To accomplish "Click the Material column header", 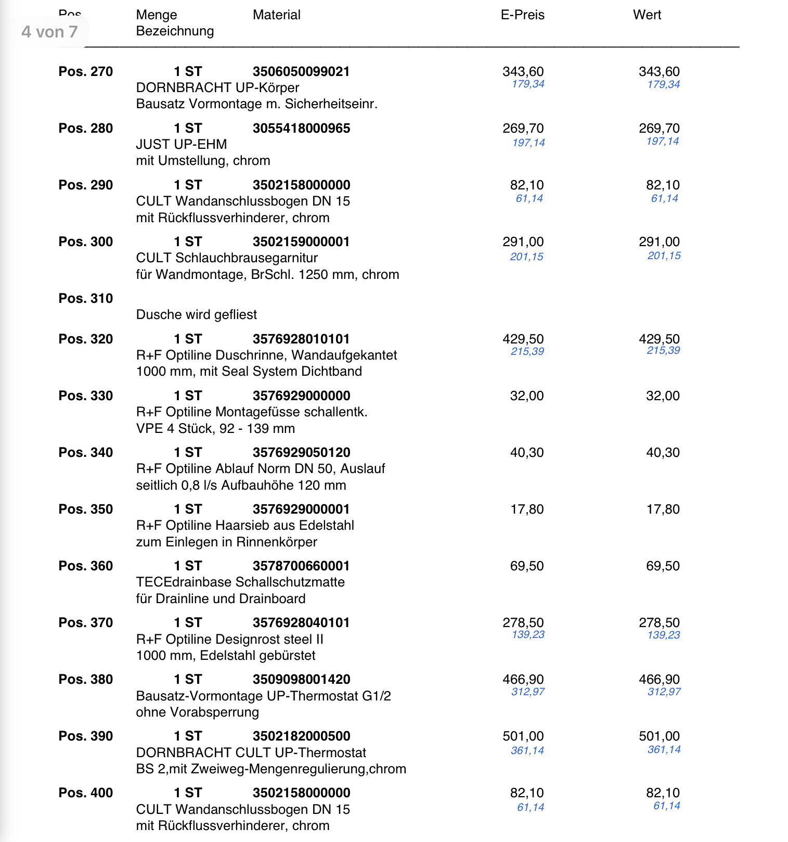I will tap(276, 15).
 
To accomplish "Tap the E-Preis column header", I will tap(522, 15).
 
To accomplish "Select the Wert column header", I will tap(647, 15).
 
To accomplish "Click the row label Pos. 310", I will tap(85, 299).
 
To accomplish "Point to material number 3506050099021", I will tap(301, 72).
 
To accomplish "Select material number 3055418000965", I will tap(301, 129).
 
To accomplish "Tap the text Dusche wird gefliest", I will tap(196, 315).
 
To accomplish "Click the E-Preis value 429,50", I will tap(523, 339).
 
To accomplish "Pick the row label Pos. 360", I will tap(85, 566).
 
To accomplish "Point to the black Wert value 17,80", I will tap(663, 509).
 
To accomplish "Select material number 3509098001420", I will tap(301, 680).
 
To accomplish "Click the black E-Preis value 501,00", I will tap(523, 736).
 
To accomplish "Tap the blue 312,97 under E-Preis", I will tap(527, 692).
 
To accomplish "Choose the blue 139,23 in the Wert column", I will tap(663, 635).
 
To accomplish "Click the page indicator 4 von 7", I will tap(49, 32).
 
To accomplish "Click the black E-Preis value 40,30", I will tap(526, 453).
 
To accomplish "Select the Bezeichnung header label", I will tap(175, 31).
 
